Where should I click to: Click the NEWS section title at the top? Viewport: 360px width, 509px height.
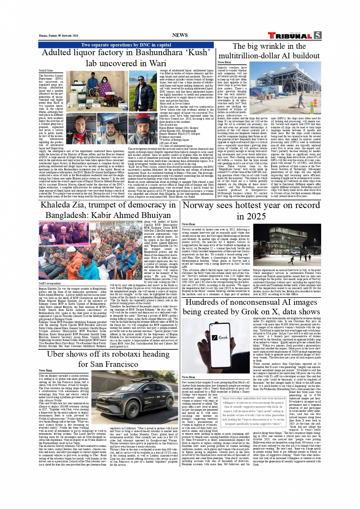coord(180,35)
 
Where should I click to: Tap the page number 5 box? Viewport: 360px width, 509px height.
coord(318,35)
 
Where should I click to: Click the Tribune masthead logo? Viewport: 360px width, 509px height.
coord(290,36)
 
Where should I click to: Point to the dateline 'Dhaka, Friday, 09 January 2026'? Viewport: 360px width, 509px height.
coord(58,35)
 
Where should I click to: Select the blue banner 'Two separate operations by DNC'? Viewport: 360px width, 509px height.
coord(126,45)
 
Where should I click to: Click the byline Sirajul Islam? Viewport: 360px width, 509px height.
coord(46,71)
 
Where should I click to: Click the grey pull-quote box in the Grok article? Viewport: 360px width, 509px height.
coord(253,411)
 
